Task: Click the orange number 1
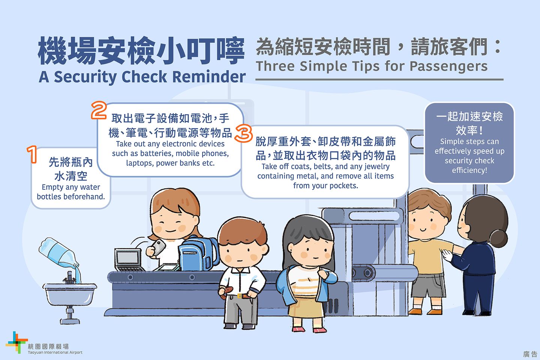[32, 154]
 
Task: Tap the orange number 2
[99, 110]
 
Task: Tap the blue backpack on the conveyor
[198, 253]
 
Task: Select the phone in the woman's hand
[159, 247]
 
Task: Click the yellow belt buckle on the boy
[240, 296]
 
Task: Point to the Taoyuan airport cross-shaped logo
[16, 342]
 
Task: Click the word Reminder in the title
[209, 77]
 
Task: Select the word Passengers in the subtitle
[448, 66]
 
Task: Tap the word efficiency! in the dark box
[469, 170]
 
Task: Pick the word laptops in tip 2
[140, 163]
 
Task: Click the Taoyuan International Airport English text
[55, 352]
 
